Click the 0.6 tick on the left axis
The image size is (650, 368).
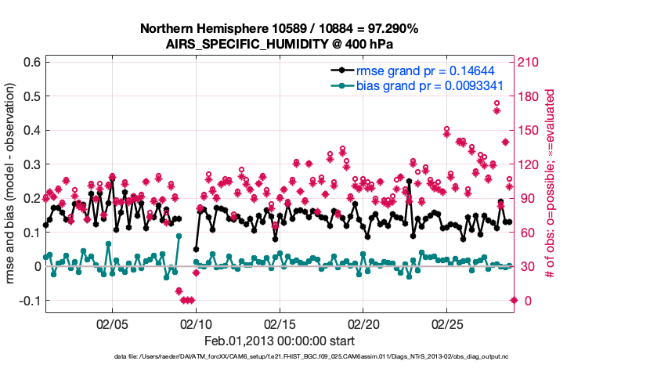[x=31, y=62]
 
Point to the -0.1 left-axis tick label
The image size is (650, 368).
[x=29, y=301]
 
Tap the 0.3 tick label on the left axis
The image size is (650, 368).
[x=31, y=164]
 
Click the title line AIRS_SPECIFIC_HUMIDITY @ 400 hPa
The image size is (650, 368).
[x=279, y=44]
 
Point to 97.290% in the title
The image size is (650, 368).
[x=392, y=29]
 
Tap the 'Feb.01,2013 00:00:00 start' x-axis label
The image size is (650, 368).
[x=279, y=341]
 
